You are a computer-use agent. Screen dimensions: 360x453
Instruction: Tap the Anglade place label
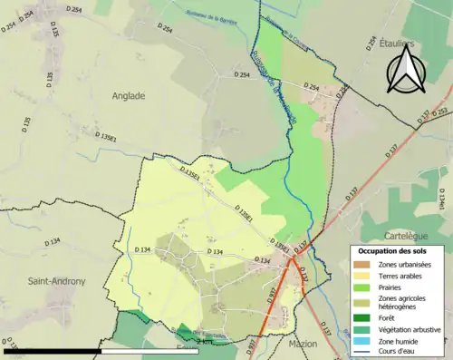coord(129,94)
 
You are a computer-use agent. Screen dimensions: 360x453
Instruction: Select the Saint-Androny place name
coord(56,281)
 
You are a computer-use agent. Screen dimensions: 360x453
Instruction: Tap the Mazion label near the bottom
coord(303,345)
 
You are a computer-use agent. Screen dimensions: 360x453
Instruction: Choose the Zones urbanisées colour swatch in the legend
coord(361,264)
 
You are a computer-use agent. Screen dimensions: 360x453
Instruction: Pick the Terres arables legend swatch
coord(361,275)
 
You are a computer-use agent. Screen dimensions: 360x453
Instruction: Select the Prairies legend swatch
coord(361,287)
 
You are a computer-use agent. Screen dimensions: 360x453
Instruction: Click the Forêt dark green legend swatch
coord(361,318)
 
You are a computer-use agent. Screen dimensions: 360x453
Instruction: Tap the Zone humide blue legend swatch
coord(361,341)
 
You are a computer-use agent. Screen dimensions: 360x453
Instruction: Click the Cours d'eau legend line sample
coord(361,352)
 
